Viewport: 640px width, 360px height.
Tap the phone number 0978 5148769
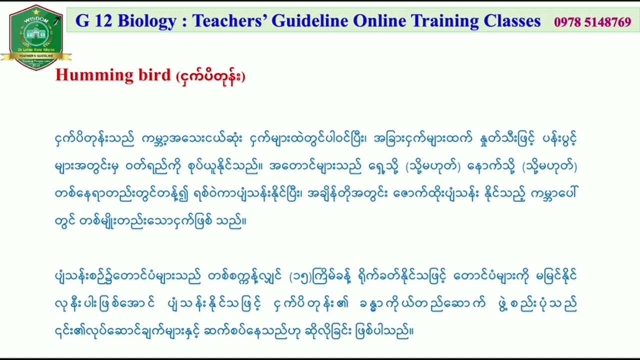click(x=592, y=22)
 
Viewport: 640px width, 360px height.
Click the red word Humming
click(x=87, y=75)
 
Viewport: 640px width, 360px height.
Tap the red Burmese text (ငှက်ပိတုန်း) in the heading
click(x=210, y=76)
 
